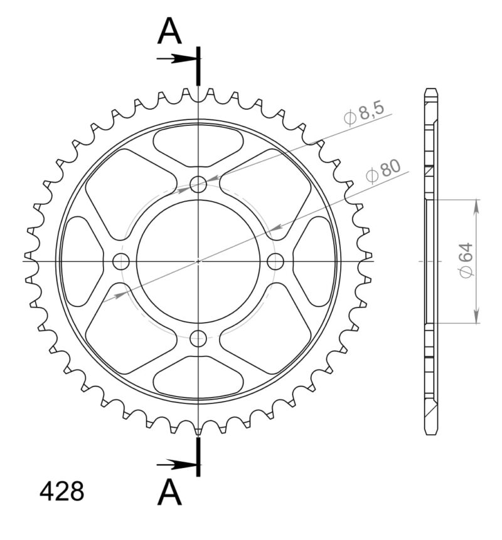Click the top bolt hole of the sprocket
pyautogui.click(x=198, y=184)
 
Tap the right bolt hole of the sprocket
pyautogui.click(x=275, y=261)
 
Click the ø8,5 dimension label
pyautogui.click(x=364, y=115)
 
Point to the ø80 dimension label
pyautogui.click(x=382, y=170)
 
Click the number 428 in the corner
pyautogui.click(x=61, y=492)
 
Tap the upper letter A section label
pyautogui.click(x=169, y=31)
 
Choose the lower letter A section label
pyautogui.click(x=169, y=492)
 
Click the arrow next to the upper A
pyautogui.click(x=177, y=59)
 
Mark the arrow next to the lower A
pyautogui.click(x=177, y=465)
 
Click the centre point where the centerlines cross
pyautogui.click(x=198, y=261)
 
